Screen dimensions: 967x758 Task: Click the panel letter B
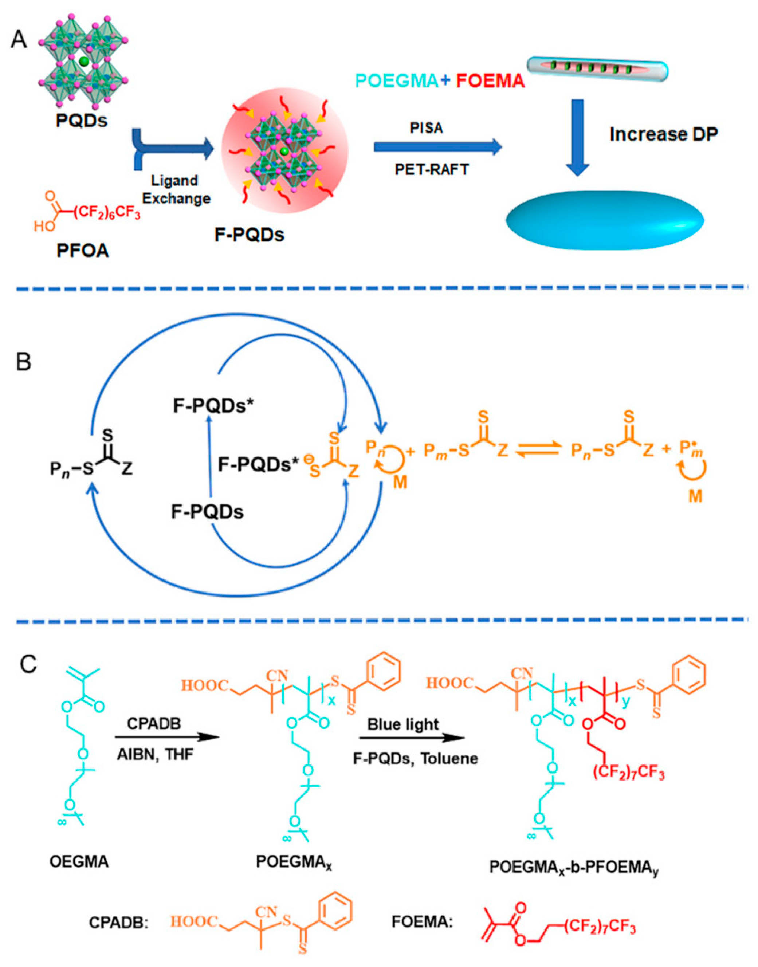(24, 361)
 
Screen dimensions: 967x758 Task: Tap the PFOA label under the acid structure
(83, 251)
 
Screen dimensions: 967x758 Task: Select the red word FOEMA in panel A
(490, 81)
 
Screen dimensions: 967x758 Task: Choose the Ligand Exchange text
(176, 190)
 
